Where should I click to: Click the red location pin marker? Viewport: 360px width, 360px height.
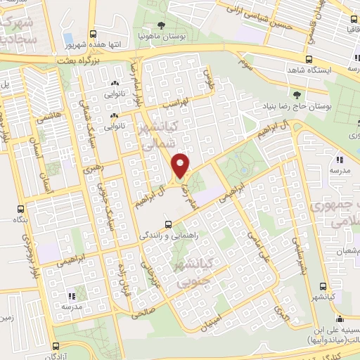point(181,166)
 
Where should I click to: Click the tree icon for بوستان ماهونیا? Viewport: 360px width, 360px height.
point(162,26)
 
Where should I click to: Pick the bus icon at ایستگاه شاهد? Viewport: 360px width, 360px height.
point(309,59)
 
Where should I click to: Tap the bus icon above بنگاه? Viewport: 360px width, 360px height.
point(21,209)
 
